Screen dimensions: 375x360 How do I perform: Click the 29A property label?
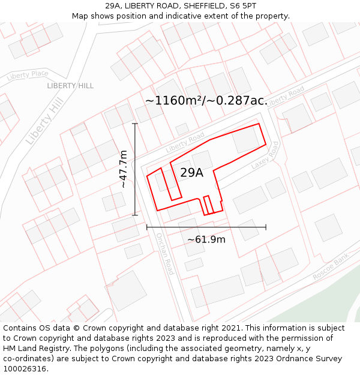(x=191, y=173)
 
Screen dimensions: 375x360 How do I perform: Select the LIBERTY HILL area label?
(x=70, y=86)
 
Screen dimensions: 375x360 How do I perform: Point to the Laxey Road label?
(x=265, y=155)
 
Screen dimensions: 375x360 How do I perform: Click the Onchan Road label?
(x=164, y=253)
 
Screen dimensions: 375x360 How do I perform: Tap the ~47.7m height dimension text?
(x=123, y=169)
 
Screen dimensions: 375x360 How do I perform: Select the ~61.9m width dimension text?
(x=206, y=239)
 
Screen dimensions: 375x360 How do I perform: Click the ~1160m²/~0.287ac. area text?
(x=206, y=100)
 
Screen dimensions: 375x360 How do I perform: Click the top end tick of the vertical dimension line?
(x=135, y=124)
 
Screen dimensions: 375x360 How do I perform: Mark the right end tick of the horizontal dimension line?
(x=266, y=227)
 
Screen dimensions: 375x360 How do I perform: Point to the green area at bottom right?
(x=327, y=300)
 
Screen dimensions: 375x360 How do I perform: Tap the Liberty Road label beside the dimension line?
(x=185, y=142)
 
